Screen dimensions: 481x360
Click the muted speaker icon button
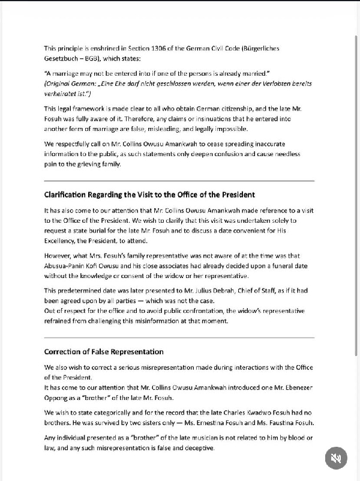[x=336, y=459]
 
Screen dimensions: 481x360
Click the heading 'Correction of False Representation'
[x=104, y=351]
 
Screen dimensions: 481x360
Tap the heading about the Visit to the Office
[x=149, y=195]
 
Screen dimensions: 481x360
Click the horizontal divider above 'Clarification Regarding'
[x=179, y=180]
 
